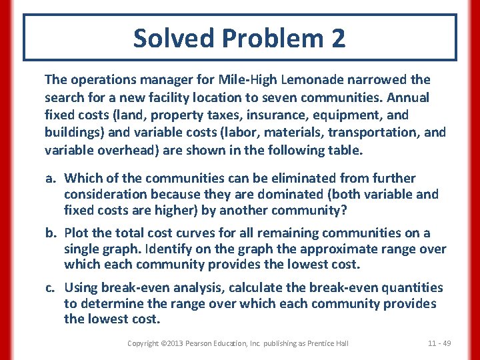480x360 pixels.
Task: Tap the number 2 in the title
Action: (x=337, y=38)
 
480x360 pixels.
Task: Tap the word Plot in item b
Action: (x=77, y=233)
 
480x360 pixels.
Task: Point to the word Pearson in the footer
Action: (x=202, y=343)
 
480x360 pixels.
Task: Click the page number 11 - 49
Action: (x=439, y=343)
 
